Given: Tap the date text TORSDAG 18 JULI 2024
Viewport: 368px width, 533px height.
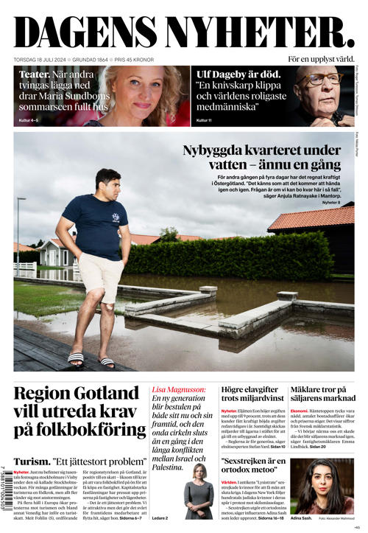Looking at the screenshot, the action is tap(40, 59).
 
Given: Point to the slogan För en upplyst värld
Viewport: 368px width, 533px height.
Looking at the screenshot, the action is tap(320, 59).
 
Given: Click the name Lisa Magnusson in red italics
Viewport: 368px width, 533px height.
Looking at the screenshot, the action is tap(174, 389).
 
